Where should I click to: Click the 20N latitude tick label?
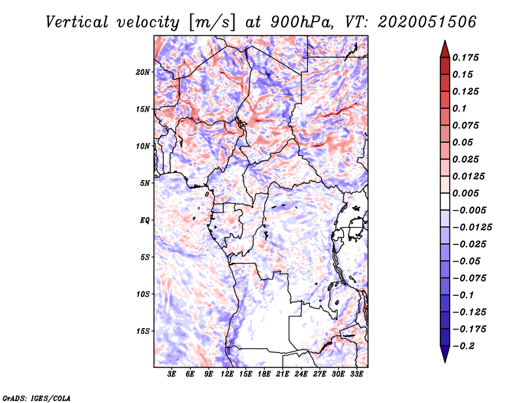point(143,72)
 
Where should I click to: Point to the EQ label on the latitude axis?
point(145,220)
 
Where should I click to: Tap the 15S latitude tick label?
point(143,331)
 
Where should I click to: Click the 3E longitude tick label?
point(172,375)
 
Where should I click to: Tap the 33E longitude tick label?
point(357,375)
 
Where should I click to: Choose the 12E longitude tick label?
point(228,375)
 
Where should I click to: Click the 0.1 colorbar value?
point(459,108)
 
